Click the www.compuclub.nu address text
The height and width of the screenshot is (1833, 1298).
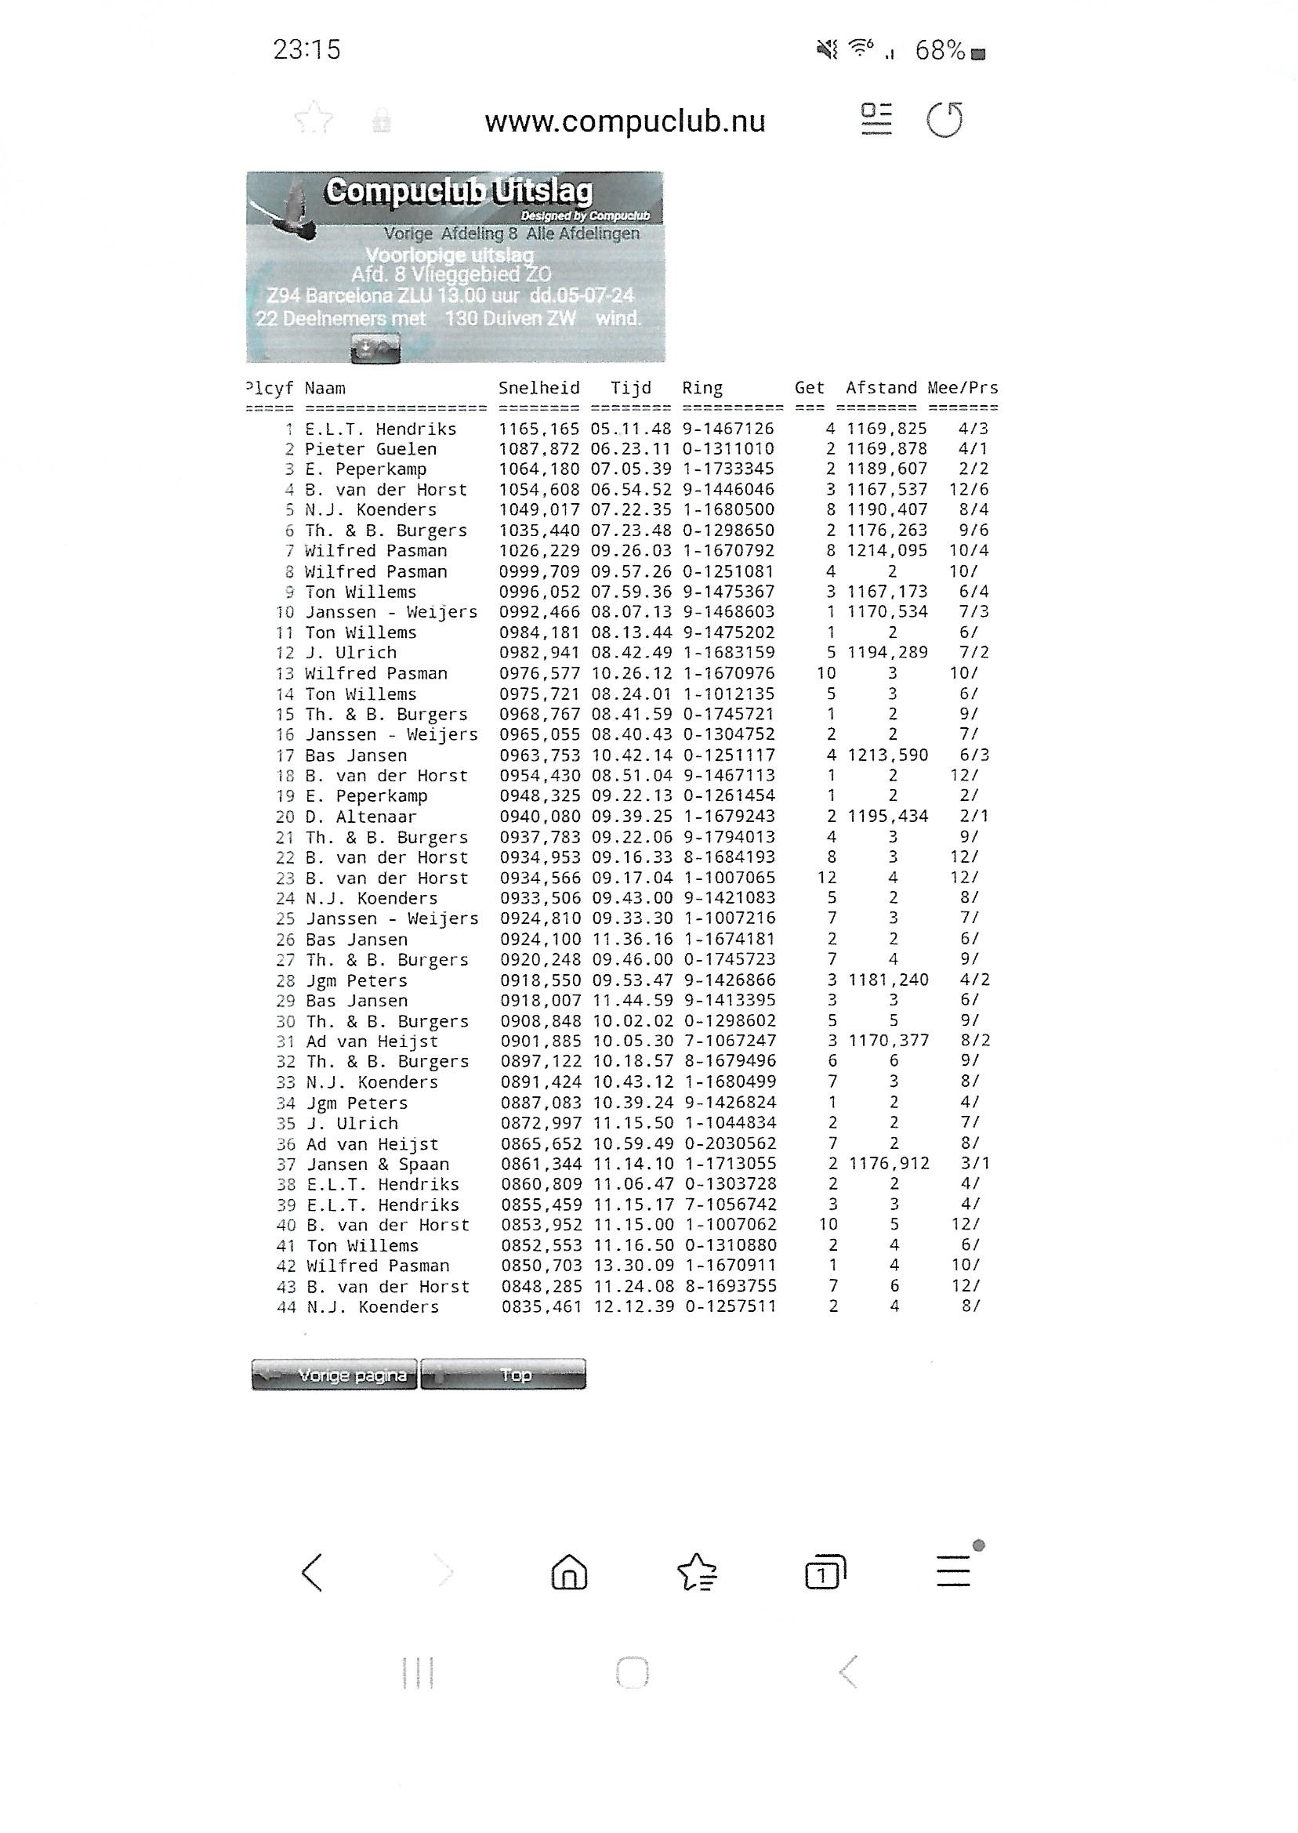pos(625,121)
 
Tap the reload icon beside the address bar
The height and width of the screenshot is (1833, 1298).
pos(944,120)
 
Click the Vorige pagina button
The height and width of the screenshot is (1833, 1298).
pos(334,1375)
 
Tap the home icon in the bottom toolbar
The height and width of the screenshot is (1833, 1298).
pos(569,1573)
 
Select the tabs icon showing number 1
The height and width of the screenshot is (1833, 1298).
pos(825,1573)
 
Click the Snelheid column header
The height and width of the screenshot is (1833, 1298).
pos(538,389)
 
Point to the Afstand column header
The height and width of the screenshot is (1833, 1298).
pos(881,389)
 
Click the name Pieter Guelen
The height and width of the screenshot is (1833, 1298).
pos(371,449)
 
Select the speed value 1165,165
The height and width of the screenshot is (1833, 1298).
pos(539,429)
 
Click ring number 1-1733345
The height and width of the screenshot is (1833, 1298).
pos(727,469)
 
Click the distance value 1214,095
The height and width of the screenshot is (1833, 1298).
pos(887,551)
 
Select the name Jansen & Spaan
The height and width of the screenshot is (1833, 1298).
pos(378,1165)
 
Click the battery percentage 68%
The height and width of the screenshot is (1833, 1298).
pos(940,51)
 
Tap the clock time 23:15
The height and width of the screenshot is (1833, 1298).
pos(307,50)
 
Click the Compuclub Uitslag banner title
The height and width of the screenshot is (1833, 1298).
pos(459,192)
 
